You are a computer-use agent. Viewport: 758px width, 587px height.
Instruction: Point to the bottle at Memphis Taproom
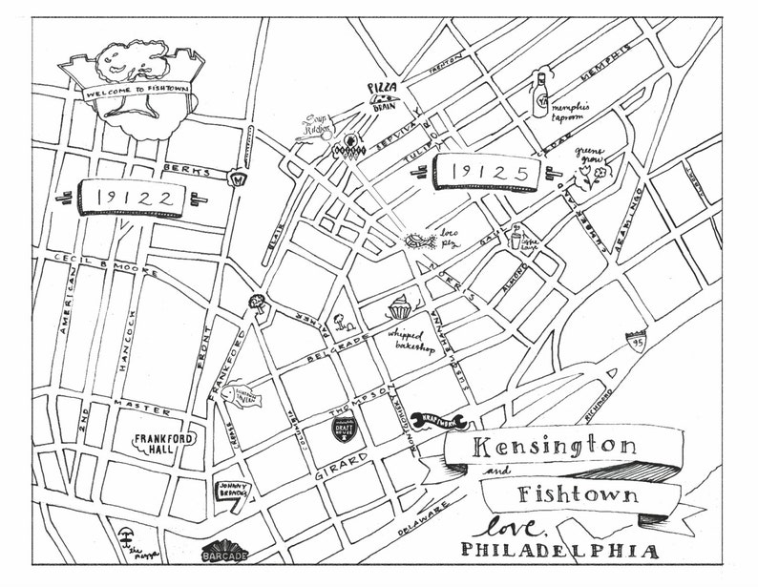click(x=541, y=93)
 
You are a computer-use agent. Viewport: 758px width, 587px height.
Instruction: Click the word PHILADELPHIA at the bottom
click(x=559, y=551)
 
